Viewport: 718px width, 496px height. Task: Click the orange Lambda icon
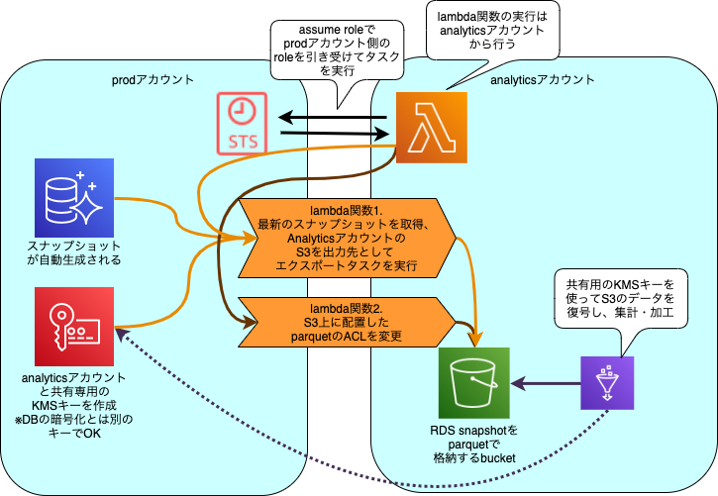tap(431, 127)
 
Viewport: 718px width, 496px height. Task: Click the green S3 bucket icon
tap(473, 383)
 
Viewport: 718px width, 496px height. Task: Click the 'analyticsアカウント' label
tap(543, 79)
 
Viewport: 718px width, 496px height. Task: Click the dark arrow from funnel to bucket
tap(545, 384)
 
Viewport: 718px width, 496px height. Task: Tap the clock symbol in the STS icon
tap(242, 110)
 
